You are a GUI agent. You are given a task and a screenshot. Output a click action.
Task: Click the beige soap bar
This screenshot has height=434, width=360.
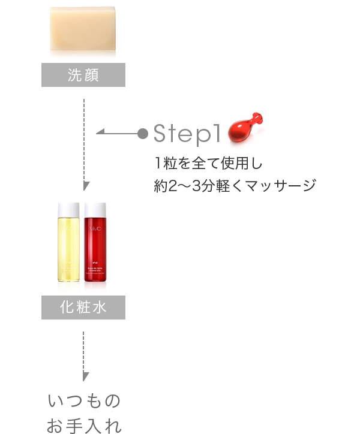pos(83,28)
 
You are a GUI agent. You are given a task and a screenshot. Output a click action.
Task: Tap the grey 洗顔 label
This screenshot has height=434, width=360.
pos(83,75)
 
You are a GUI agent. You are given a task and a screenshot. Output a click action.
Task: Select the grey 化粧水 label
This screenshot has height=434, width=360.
pos(83,308)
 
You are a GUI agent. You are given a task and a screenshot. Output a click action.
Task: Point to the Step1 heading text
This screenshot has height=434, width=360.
pos(188,133)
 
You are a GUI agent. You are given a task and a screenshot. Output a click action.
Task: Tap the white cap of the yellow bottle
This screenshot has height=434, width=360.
pos(68,210)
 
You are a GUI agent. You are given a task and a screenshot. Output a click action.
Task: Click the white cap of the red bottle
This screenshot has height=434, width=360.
pos(96,210)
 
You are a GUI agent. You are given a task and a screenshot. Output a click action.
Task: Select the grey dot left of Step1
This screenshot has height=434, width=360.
pos(143,132)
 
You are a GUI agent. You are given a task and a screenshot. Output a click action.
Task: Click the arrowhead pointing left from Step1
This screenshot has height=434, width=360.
pos(100,132)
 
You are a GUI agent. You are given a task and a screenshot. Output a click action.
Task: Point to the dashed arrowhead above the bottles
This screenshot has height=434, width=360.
pos(86,186)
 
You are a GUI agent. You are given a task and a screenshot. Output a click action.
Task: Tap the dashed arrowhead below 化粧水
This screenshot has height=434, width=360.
pos(85,376)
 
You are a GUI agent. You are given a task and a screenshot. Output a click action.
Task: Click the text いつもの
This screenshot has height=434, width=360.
pos(83,400)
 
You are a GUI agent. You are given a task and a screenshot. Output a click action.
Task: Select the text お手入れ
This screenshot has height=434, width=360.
pos(83,426)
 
